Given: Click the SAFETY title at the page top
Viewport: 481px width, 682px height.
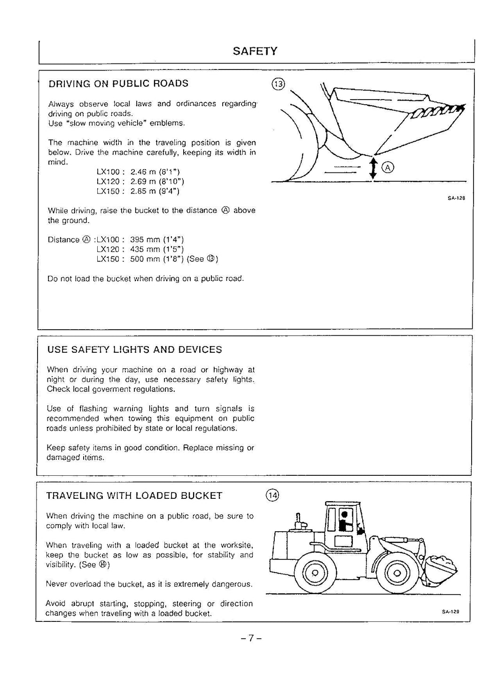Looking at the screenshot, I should point(255,51).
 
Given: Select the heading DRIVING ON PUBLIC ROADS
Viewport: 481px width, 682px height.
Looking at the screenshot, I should point(118,84).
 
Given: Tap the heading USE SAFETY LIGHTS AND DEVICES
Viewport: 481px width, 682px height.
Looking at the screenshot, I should point(134,349).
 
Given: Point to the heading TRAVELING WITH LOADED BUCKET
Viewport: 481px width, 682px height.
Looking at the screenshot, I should point(134,496).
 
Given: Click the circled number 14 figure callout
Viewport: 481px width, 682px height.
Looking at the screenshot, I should point(272,495).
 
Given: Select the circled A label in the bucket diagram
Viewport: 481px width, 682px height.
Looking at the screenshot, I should point(388,168).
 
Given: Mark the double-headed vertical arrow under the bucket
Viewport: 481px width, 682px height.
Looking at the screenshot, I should point(373,168).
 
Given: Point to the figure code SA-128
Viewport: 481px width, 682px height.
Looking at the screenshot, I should point(456,198).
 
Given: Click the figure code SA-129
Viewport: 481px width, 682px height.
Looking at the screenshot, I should point(450,612).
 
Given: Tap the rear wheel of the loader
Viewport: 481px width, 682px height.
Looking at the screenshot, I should point(315,573).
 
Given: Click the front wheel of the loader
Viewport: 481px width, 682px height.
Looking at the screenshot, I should point(396,573).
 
